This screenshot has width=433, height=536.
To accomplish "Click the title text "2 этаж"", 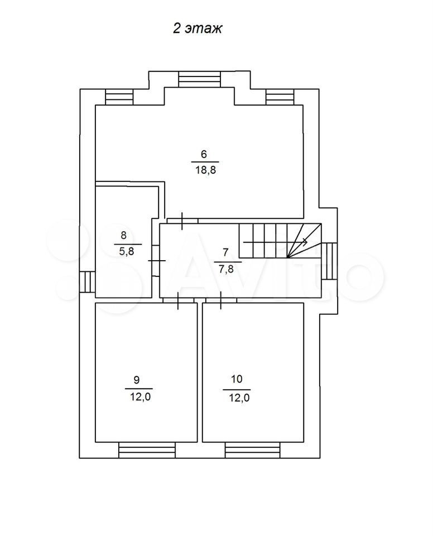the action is tap(197, 28).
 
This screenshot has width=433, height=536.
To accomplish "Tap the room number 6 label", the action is tap(204, 154).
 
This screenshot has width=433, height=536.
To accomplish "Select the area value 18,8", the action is tap(205, 170).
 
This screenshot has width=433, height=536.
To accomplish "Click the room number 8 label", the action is tap(123, 235).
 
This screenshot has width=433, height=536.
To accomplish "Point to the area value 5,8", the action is tap(127, 251).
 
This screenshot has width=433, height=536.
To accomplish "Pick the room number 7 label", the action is tap(225, 252).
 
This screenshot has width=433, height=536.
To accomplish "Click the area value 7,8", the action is tap(226, 269).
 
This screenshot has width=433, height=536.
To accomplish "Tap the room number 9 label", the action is tap(136, 380).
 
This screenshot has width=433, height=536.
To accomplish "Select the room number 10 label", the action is tap(237, 379).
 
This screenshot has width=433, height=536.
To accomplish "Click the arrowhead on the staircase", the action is tap(305, 242).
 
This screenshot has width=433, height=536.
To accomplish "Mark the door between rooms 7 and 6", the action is tap(182, 221).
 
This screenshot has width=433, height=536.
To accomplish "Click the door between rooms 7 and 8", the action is tap(156, 261).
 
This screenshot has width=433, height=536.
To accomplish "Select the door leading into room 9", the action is tap(178, 300).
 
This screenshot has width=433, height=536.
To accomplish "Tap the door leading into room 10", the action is tap(221, 300).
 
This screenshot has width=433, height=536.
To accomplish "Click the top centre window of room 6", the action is tap(200, 79).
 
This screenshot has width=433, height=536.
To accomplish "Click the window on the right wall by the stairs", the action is tap(329, 261).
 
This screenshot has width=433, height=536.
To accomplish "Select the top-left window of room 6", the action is tap(119, 97).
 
